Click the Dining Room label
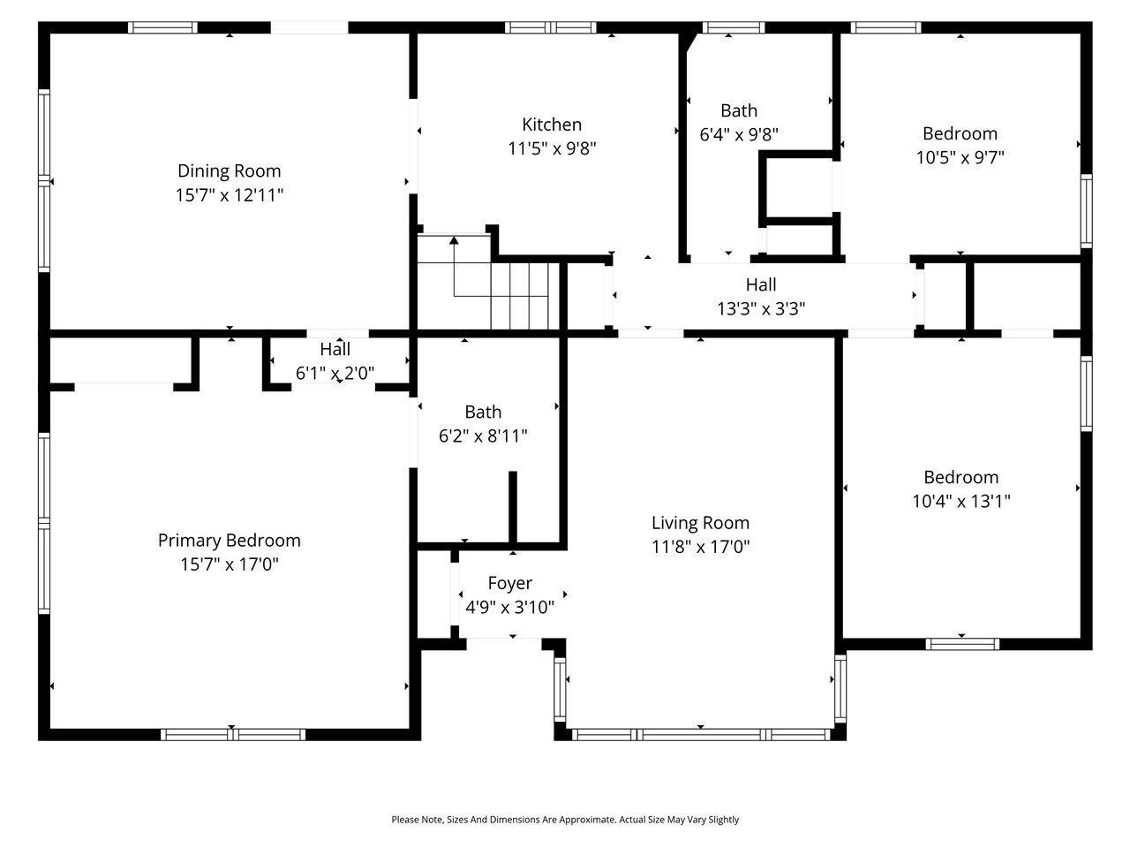pos(229,171)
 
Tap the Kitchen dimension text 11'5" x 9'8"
pos(552,148)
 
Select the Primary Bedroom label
pos(229,541)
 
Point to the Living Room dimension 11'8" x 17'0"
pos(700,547)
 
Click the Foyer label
pos(509,583)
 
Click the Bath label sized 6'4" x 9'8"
pos(738,110)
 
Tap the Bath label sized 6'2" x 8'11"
pos(483,412)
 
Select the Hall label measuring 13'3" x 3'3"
pos(760,284)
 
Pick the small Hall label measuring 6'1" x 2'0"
pos(335,350)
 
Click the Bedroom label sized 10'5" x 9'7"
pos(960,133)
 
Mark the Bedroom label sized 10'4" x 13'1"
pos(960,477)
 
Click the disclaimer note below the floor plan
pos(565,820)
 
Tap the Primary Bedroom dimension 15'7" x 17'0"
pos(230,564)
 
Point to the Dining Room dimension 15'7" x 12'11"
pos(229,195)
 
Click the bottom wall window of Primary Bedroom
pos(232,734)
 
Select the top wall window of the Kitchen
pos(550,27)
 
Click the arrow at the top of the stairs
pos(454,239)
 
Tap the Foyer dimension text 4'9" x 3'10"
pos(509,608)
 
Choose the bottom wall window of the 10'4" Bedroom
pos(961,644)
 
